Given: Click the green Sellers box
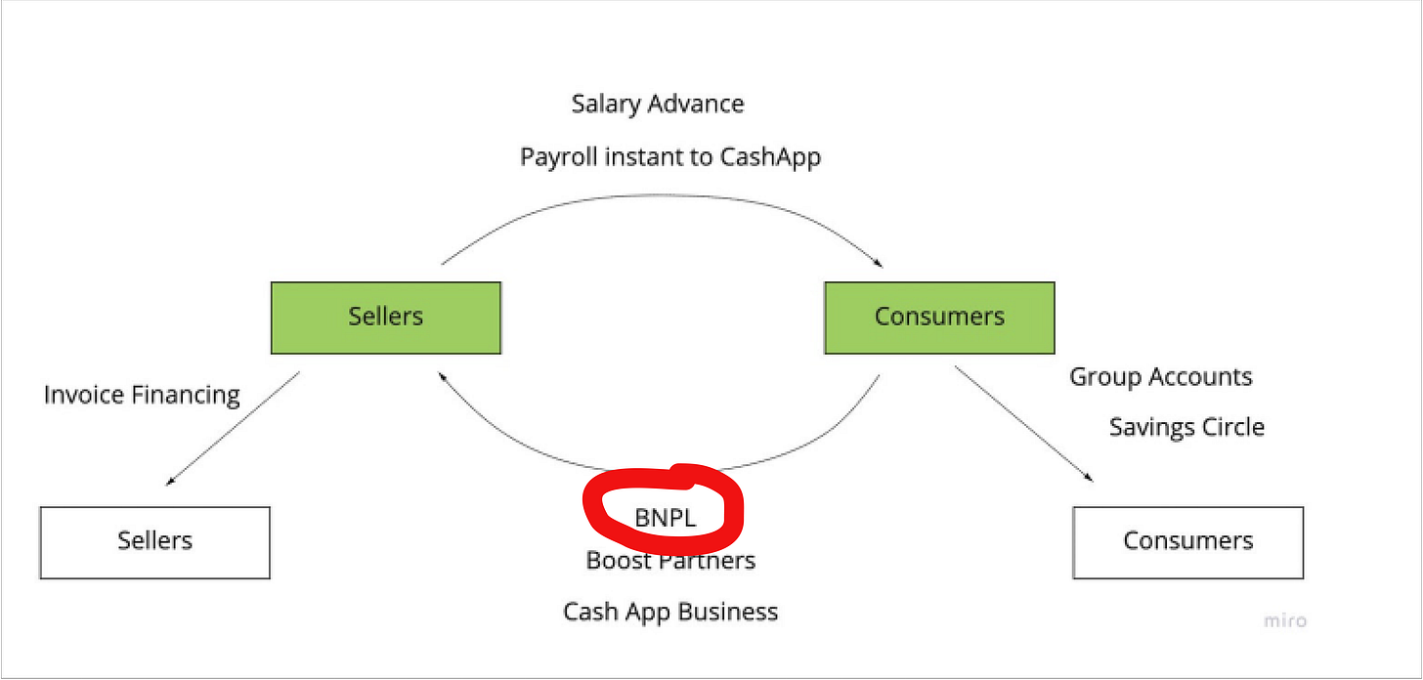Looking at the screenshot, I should click(386, 318).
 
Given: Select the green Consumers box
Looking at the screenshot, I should click(939, 318).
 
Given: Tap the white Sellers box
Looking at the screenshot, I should click(154, 541).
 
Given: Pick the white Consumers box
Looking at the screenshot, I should click(1187, 541).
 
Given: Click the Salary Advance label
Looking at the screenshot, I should click(658, 104).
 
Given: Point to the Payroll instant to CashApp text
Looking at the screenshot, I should click(670, 156).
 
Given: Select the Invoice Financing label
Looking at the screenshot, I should click(142, 395).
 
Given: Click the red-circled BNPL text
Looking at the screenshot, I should click(666, 519).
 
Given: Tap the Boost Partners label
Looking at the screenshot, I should click(670, 560).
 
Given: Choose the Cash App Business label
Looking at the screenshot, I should click(670, 612).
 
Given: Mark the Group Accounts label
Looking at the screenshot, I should click(1161, 377).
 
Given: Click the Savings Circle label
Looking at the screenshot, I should click(1186, 427).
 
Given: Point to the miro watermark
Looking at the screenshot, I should click(1284, 620).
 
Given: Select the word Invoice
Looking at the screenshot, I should click(84, 395).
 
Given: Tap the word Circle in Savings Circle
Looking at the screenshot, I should click(1233, 427).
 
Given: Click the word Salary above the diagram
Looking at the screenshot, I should click(604, 104).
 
